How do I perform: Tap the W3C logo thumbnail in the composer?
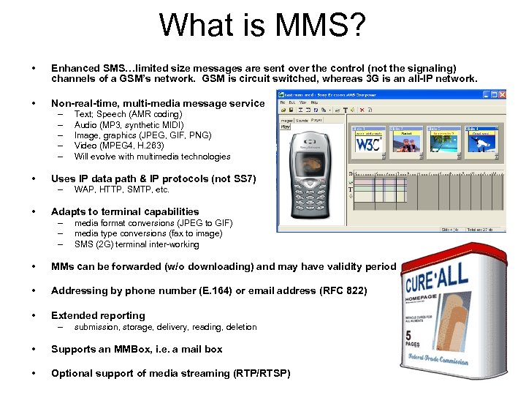368,143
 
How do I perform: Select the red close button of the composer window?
502,94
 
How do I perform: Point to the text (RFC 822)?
343,290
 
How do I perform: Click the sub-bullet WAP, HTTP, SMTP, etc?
121,189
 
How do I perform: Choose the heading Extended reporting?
98,315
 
